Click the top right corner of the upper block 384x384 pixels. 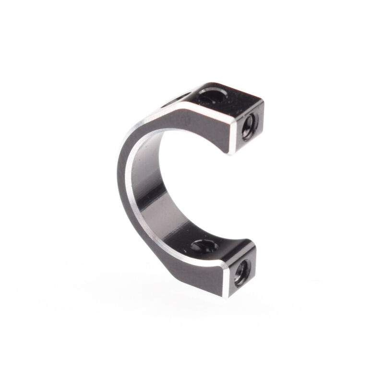(262, 101)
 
